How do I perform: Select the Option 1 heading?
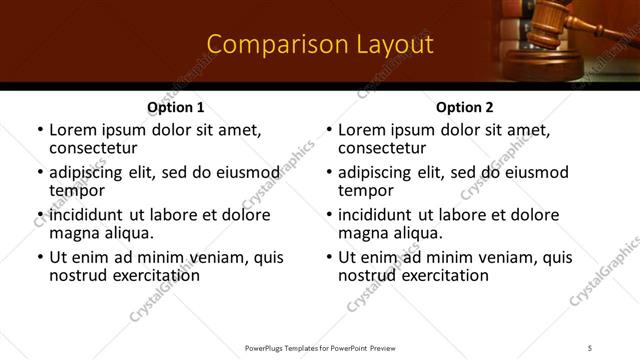click(176, 107)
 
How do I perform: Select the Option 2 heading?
click(465, 107)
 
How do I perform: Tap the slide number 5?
click(591, 348)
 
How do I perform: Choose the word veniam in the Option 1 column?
click(218, 257)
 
